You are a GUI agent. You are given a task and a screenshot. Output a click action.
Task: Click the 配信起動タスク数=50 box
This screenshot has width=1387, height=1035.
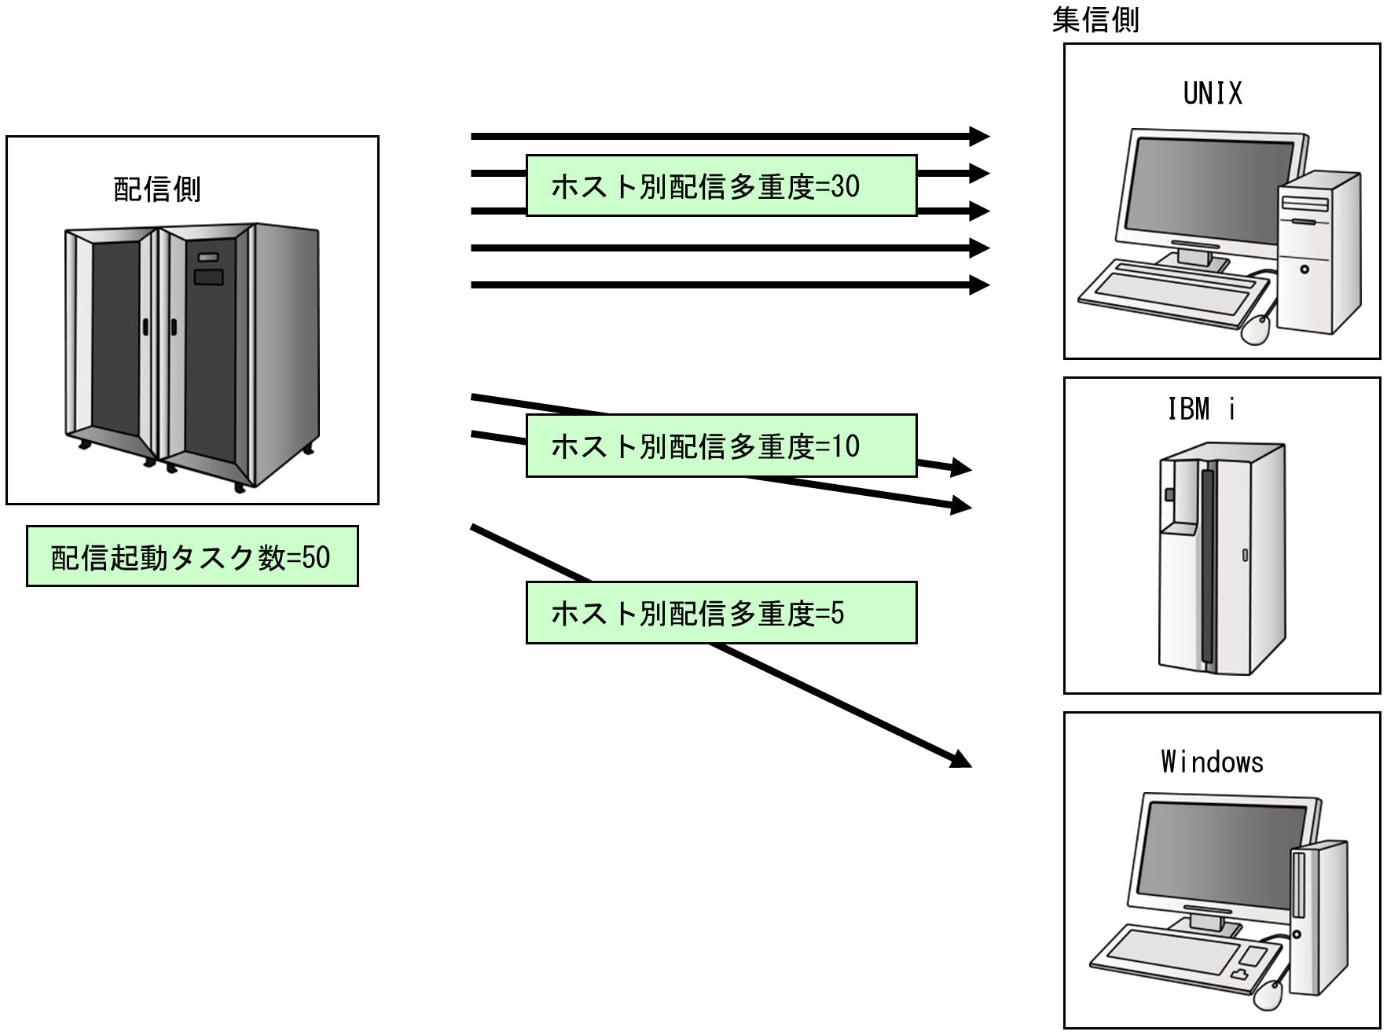[x=192, y=556]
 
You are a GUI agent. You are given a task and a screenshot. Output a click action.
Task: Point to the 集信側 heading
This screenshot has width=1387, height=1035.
[x=1095, y=20]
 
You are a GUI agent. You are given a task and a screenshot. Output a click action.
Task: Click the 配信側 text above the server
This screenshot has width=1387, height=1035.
[x=157, y=189]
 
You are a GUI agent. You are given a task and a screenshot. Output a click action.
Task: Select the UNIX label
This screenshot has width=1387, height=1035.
[x=1213, y=94]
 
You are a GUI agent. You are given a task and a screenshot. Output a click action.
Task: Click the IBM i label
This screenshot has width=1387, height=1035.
[x=1202, y=409]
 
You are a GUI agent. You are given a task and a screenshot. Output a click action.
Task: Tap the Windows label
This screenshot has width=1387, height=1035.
[x=1212, y=762]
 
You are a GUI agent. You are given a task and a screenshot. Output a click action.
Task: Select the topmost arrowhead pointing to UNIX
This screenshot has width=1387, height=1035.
[x=979, y=137]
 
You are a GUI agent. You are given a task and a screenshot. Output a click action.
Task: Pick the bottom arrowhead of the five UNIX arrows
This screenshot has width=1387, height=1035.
[x=979, y=284]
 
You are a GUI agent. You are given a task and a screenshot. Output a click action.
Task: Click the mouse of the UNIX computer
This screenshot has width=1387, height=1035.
[x=1256, y=328]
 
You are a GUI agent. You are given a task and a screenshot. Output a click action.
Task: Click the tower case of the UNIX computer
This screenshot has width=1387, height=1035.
[x=1318, y=251]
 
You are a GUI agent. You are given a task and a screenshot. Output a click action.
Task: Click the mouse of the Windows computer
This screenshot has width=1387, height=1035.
[x=1267, y=996]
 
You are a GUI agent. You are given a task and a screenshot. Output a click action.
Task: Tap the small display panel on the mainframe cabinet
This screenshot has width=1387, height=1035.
[x=208, y=277]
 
